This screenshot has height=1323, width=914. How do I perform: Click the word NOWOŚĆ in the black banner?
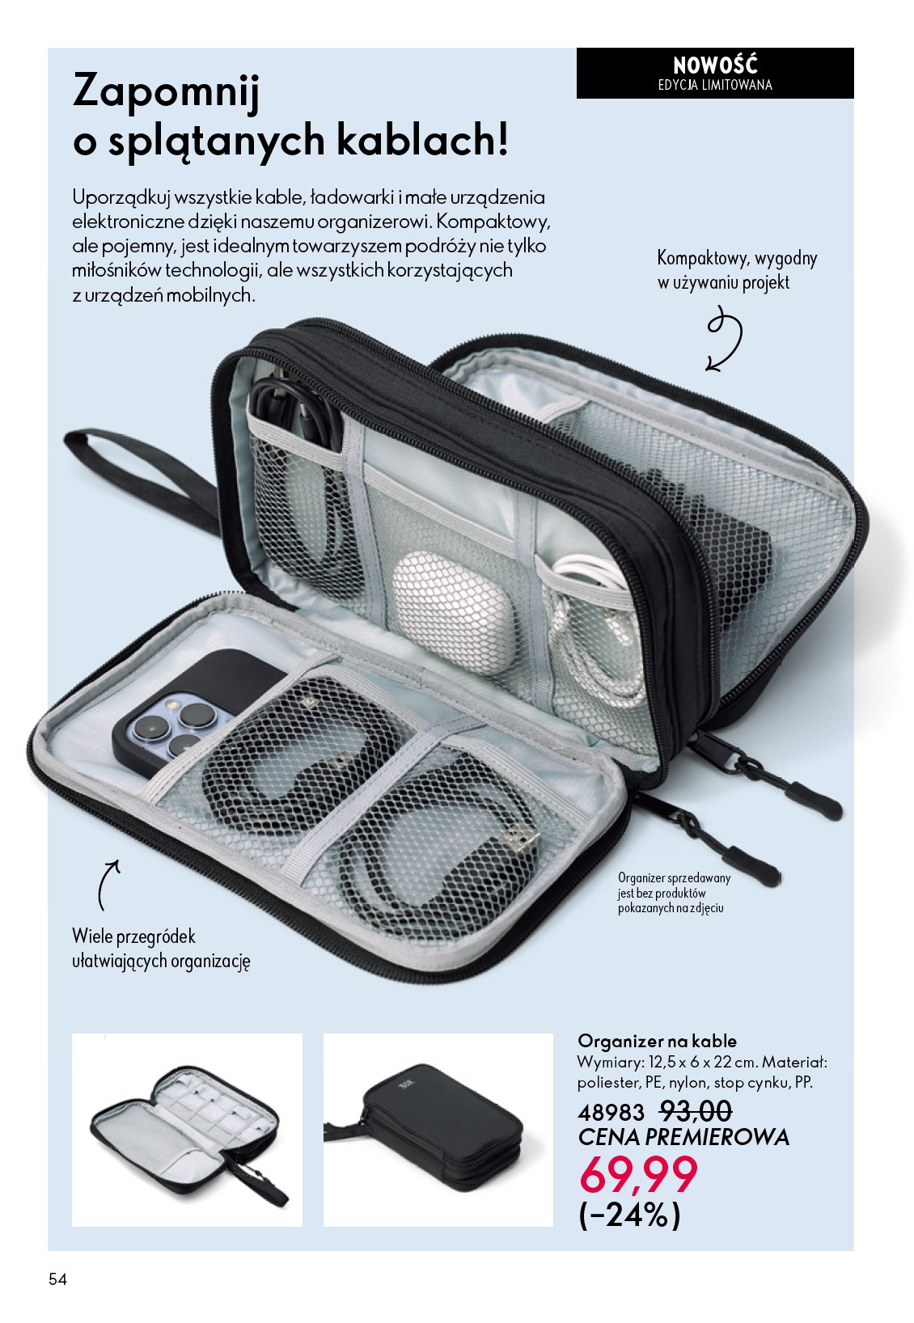point(715,64)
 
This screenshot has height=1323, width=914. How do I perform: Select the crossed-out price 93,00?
point(696,1111)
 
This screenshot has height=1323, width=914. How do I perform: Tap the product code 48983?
point(611,1113)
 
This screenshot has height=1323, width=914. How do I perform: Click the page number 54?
point(58,1279)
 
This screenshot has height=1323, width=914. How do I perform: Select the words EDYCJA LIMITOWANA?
point(715,85)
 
